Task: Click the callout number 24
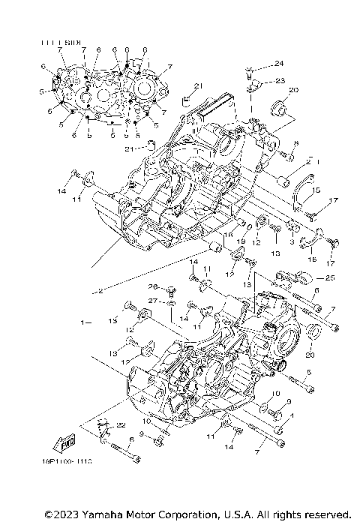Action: coord(280,63)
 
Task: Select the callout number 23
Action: coord(280,81)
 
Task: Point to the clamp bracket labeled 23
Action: coord(252,85)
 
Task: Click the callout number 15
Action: coord(316,189)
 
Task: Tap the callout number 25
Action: coord(330,278)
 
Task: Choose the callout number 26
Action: coord(151,287)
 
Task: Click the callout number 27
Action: coord(151,301)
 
